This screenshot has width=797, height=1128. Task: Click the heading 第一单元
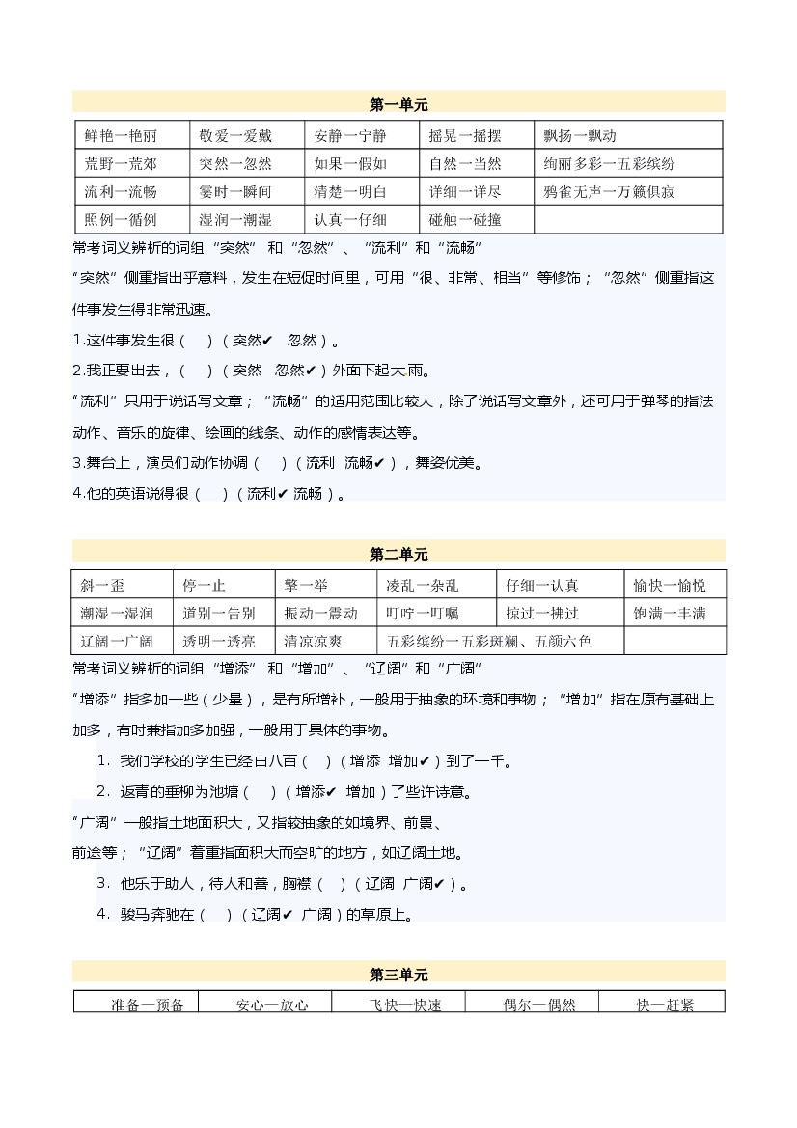398,104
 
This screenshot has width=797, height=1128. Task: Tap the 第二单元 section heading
398,554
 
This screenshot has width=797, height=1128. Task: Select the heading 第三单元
398,975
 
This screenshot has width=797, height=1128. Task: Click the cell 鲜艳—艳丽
121,136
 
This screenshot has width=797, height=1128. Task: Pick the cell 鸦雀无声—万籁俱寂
609,192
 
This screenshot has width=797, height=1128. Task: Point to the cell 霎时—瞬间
235,192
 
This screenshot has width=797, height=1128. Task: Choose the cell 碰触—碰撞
465,220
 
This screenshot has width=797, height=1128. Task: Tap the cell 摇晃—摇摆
465,136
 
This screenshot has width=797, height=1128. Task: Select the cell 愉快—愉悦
669,586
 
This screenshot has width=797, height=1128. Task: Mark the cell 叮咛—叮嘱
423,614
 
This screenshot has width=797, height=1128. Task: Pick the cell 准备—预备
148,1004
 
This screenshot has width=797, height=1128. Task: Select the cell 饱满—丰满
669,614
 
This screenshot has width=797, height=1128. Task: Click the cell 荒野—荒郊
121,164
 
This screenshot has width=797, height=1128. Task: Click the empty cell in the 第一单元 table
627,220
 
